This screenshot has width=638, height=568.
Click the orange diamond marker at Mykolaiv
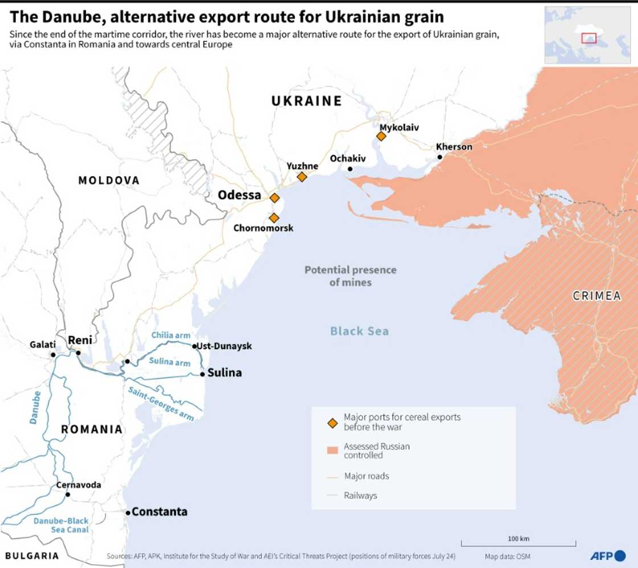tap(381, 136)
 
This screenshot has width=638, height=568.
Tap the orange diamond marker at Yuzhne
tap(302, 177)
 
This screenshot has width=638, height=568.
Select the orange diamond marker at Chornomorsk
tap(274, 218)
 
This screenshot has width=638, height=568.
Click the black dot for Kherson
tap(440, 157)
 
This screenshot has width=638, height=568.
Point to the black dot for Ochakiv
tap(349, 169)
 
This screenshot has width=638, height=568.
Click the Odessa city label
tap(239, 195)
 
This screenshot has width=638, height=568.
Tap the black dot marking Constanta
tap(128, 512)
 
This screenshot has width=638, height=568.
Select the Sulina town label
tap(224, 373)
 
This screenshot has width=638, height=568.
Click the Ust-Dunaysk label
tap(225, 346)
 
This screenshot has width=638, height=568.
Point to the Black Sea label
tap(359, 331)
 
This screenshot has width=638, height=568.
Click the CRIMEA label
tap(596, 296)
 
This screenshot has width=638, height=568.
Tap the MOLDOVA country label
tap(109, 181)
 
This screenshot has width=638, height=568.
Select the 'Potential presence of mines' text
tap(350, 276)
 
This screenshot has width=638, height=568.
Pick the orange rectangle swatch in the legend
tap(333, 451)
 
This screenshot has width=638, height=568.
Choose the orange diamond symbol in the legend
tap(333, 422)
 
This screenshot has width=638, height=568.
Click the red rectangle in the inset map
tap(588, 38)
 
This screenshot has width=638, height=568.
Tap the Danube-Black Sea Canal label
tap(61, 525)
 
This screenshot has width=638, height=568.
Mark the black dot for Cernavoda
tap(68, 494)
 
